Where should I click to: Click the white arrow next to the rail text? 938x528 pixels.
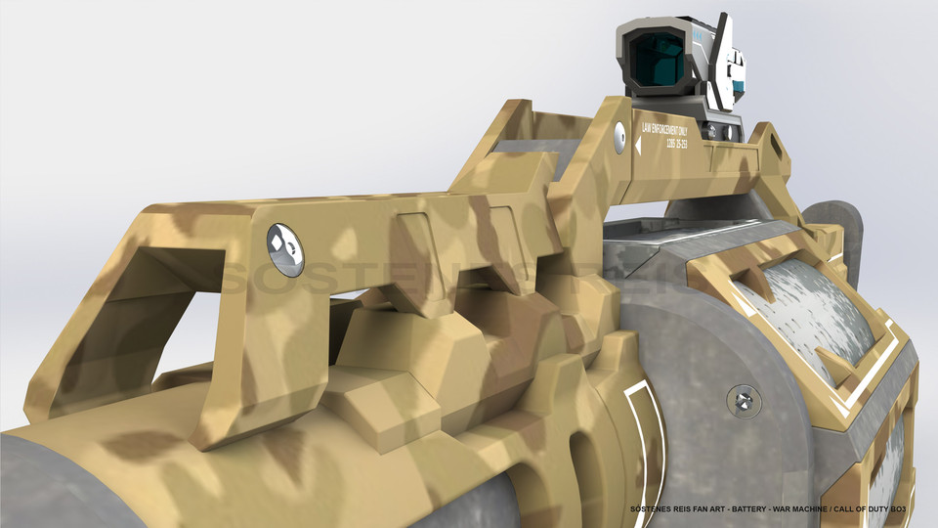(x=638, y=146)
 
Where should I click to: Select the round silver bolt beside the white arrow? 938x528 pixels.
(x=619, y=138)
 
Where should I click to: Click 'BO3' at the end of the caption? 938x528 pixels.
(x=911, y=510)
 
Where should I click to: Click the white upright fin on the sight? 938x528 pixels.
(x=724, y=49)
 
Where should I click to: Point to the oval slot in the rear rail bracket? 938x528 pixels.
(x=777, y=146)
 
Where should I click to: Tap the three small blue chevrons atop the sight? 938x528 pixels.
(x=697, y=33)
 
